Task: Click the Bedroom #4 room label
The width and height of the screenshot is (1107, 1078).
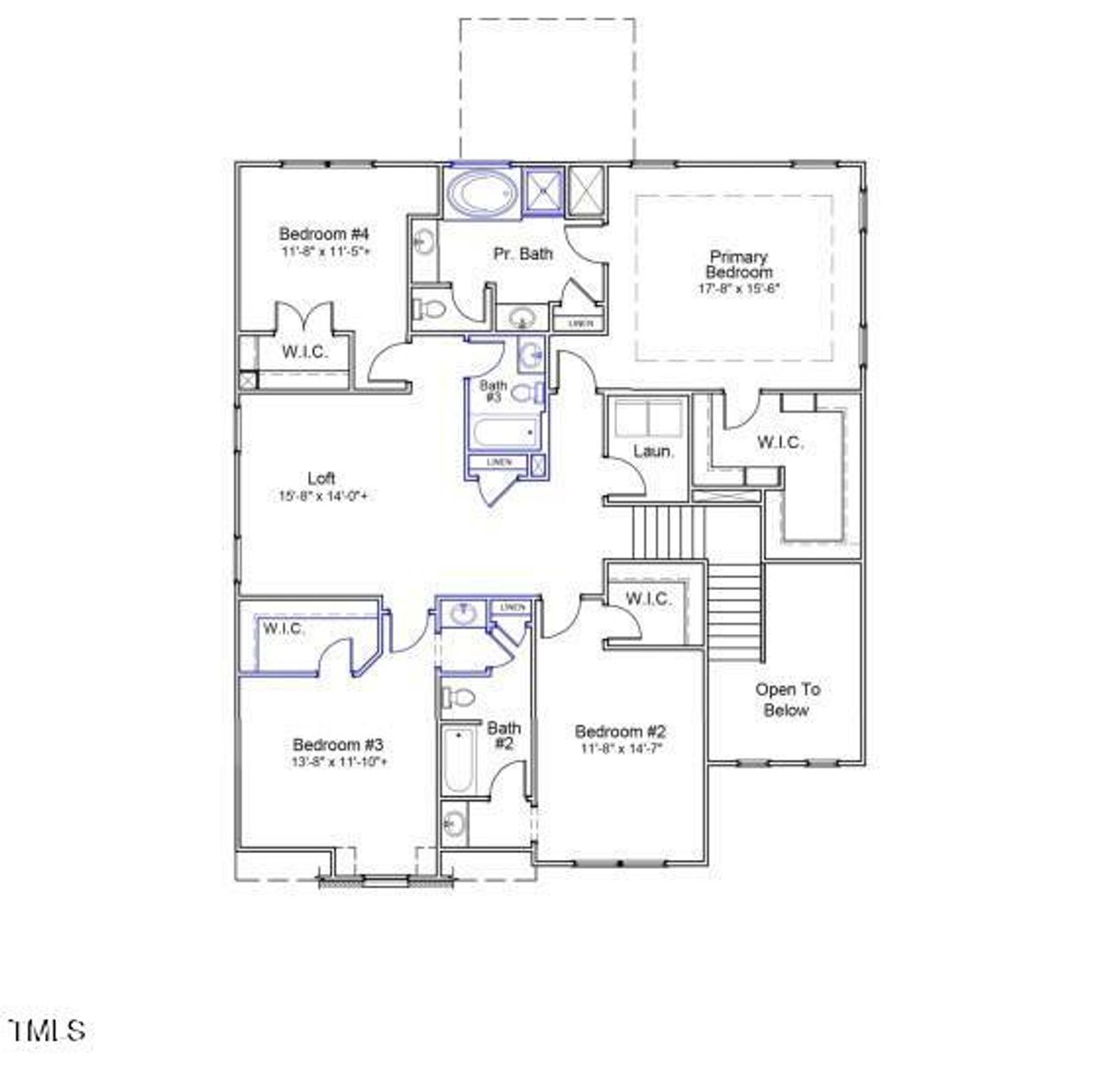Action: coord(324,234)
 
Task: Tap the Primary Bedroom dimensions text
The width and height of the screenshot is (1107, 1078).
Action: coord(739,289)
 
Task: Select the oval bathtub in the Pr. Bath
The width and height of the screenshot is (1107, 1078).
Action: coord(481,193)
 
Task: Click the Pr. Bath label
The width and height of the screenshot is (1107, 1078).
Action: coord(522,253)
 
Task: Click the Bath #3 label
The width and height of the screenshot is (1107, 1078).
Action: coord(494,391)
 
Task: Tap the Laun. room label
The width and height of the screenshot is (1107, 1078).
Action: coord(654,451)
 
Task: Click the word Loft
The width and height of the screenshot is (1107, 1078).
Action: coord(321,478)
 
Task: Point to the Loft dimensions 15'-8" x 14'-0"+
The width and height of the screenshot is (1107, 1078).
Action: coord(323,497)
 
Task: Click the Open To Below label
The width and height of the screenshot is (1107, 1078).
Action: coord(787,700)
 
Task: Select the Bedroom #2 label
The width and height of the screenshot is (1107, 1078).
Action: coord(621,732)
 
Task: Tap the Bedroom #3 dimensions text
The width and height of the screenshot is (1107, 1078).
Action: coord(338,762)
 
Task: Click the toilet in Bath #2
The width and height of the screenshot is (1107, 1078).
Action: coord(459,696)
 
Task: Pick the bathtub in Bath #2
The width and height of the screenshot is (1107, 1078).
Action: coord(457,760)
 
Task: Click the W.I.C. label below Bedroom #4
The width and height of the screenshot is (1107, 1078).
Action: coord(304,352)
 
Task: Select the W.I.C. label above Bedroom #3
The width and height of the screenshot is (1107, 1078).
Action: coord(284,628)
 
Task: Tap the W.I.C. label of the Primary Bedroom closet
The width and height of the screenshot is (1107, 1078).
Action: coord(779,442)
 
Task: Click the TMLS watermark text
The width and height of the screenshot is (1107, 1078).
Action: coord(48,1030)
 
